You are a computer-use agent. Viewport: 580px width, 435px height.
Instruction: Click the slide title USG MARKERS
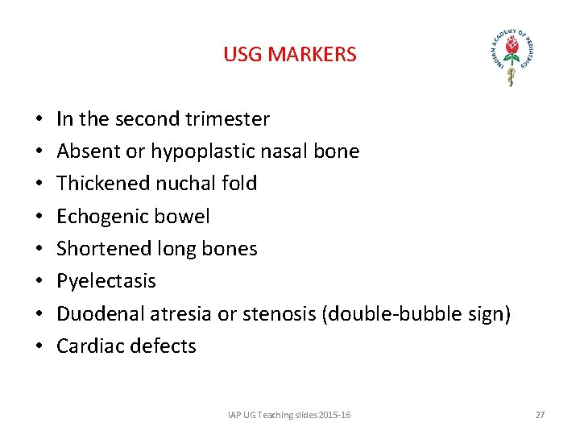[289, 55]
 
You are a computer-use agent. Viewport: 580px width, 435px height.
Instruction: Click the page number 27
[540, 415]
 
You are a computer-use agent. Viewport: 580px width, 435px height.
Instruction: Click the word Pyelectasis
[106, 281]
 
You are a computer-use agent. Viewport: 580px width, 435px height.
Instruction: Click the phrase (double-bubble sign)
[416, 313]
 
